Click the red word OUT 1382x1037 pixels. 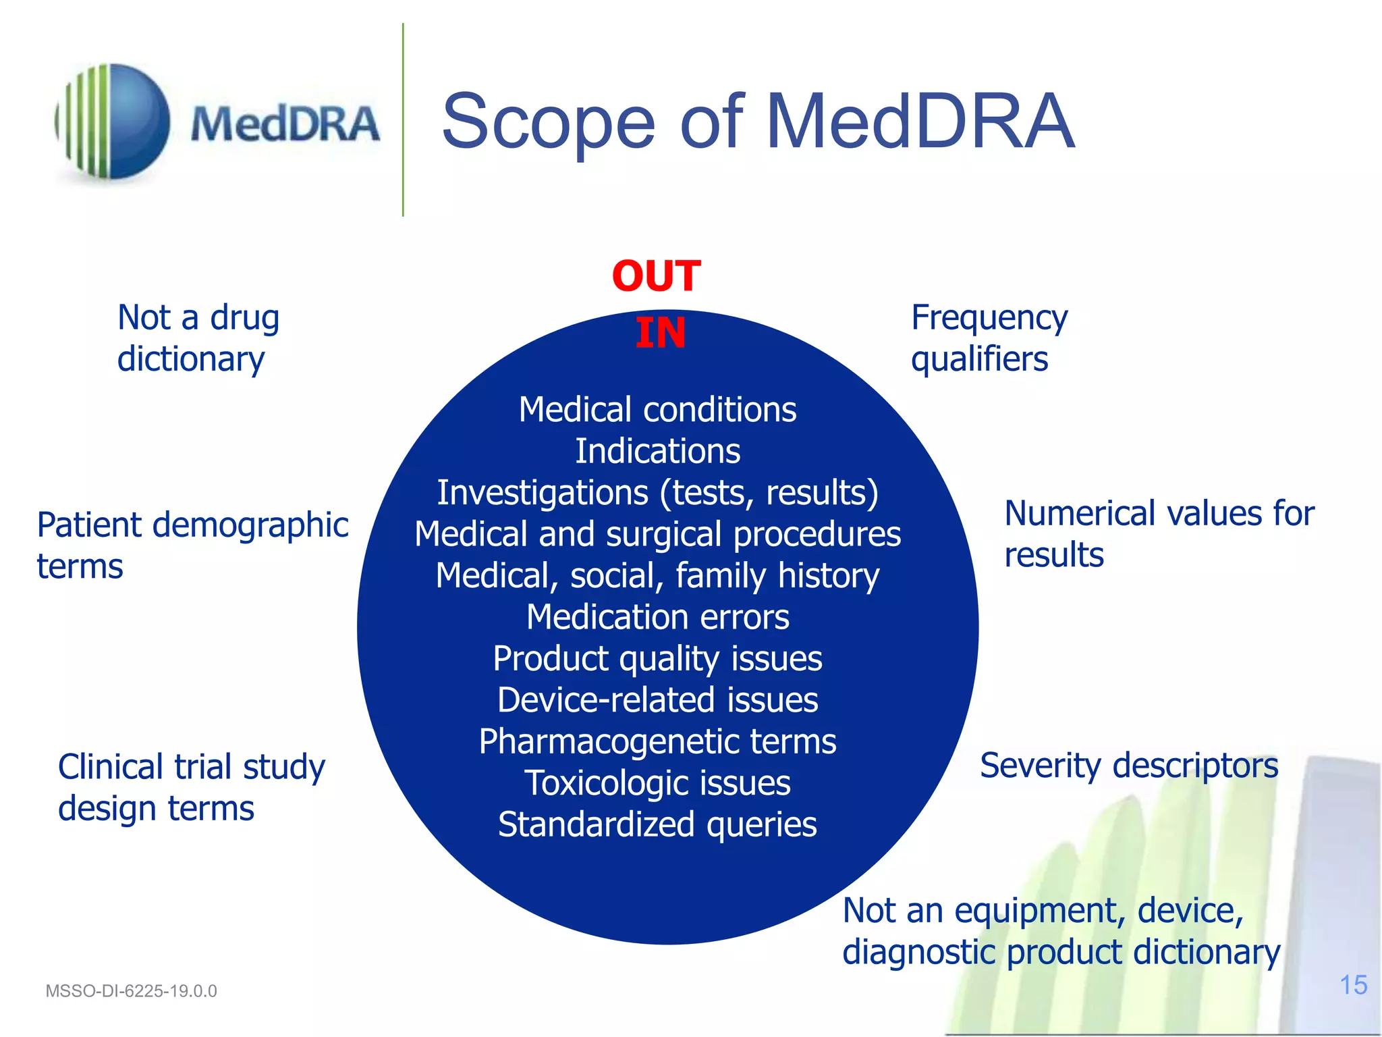coord(656,276)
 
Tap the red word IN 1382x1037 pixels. coord(660,333)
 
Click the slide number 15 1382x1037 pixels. coord(1353,985)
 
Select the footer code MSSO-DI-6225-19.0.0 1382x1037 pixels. coord(131,991)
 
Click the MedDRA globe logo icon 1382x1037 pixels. coord(113,122)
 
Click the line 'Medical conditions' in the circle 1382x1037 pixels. coord(657,409)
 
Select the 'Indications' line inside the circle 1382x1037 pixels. coord(657,451)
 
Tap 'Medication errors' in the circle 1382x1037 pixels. coord(657,617)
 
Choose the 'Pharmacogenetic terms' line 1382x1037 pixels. coord(657,741)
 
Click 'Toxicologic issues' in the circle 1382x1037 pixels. coord(657,783)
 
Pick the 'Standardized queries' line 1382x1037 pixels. coord(657,824)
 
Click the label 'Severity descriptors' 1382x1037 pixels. coord(1128,766)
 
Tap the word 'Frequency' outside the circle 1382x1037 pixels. coord(989,317)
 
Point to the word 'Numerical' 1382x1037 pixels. coord(1080,513)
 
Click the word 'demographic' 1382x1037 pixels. coord(250,525)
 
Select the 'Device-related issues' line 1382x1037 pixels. coord(657,700)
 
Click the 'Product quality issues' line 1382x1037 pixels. coord(657,658)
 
